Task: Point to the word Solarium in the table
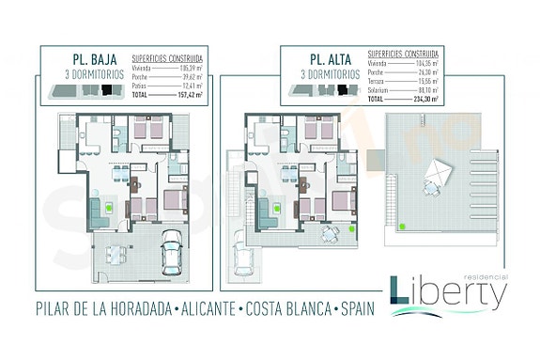[378, 91]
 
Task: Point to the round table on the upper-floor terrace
[328, 233]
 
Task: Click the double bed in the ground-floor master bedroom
[174, 200]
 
